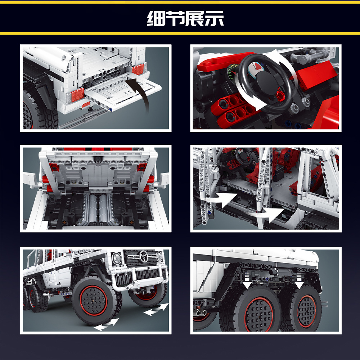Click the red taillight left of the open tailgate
[77, 94]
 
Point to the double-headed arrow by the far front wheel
[156, 309]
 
